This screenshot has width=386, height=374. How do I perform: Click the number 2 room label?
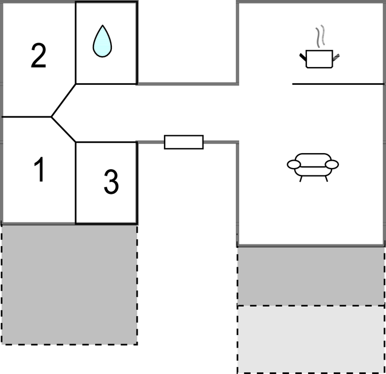click(38, 56)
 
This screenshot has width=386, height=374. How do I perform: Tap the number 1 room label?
click(40, 169)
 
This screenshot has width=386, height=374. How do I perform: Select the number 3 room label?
click(111, 182)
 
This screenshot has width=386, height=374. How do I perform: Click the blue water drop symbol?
click(103, 41)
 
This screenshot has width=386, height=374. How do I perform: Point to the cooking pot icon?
click(319, 59)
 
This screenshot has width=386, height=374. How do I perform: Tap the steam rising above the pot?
click(320, 36)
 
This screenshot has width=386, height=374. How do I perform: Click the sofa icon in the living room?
click(313, 167)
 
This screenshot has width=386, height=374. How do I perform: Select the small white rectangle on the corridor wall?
click(184, 142)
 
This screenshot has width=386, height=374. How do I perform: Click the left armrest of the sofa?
click(294, 165)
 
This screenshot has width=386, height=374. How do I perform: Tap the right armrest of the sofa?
click(332, 165)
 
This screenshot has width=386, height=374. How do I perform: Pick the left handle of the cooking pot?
click(303, 57)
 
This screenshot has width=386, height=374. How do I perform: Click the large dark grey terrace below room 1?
click(69, 285)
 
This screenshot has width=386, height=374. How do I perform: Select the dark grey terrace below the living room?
click(311, 276)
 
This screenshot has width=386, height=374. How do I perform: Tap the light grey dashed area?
click(311, 339)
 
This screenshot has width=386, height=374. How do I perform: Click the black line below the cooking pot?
click(338, 84)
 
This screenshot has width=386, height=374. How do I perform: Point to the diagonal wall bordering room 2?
click(63, 100)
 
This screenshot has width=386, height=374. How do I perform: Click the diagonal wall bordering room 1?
click(63, 129)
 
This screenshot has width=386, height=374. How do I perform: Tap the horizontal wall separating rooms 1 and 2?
click(26, 116)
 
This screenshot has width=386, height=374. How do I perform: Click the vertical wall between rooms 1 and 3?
click(76, 183)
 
